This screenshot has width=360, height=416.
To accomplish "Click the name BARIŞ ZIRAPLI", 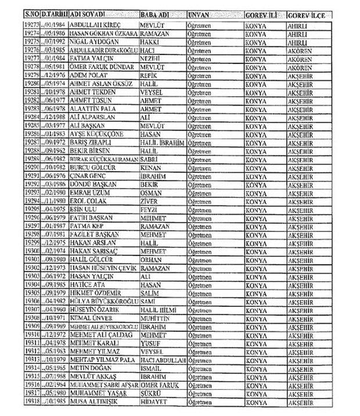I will click(x=92, y=158).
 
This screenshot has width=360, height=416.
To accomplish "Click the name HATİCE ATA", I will click(x=87, y=285).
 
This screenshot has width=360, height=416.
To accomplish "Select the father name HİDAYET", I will click(x=154, y=400).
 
